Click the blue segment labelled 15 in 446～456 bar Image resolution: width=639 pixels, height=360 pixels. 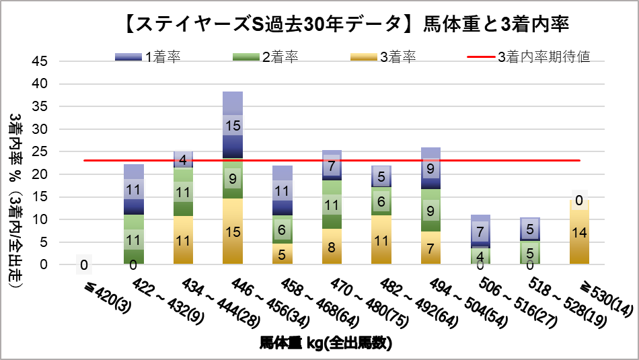232,125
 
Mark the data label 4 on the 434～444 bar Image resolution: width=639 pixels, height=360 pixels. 183,160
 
